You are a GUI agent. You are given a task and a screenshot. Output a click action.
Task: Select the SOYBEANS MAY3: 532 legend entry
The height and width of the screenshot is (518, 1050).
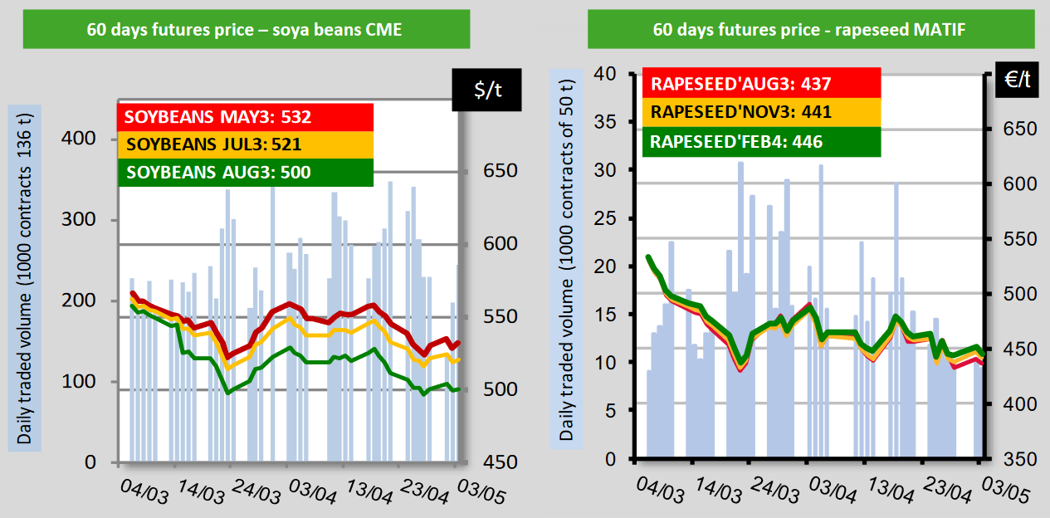coord(217,117)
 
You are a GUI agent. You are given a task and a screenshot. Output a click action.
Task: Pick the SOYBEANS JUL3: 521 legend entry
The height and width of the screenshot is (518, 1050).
coord(212,145)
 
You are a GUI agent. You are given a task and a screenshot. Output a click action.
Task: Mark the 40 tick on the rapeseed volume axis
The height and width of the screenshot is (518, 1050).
coord(608,74)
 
